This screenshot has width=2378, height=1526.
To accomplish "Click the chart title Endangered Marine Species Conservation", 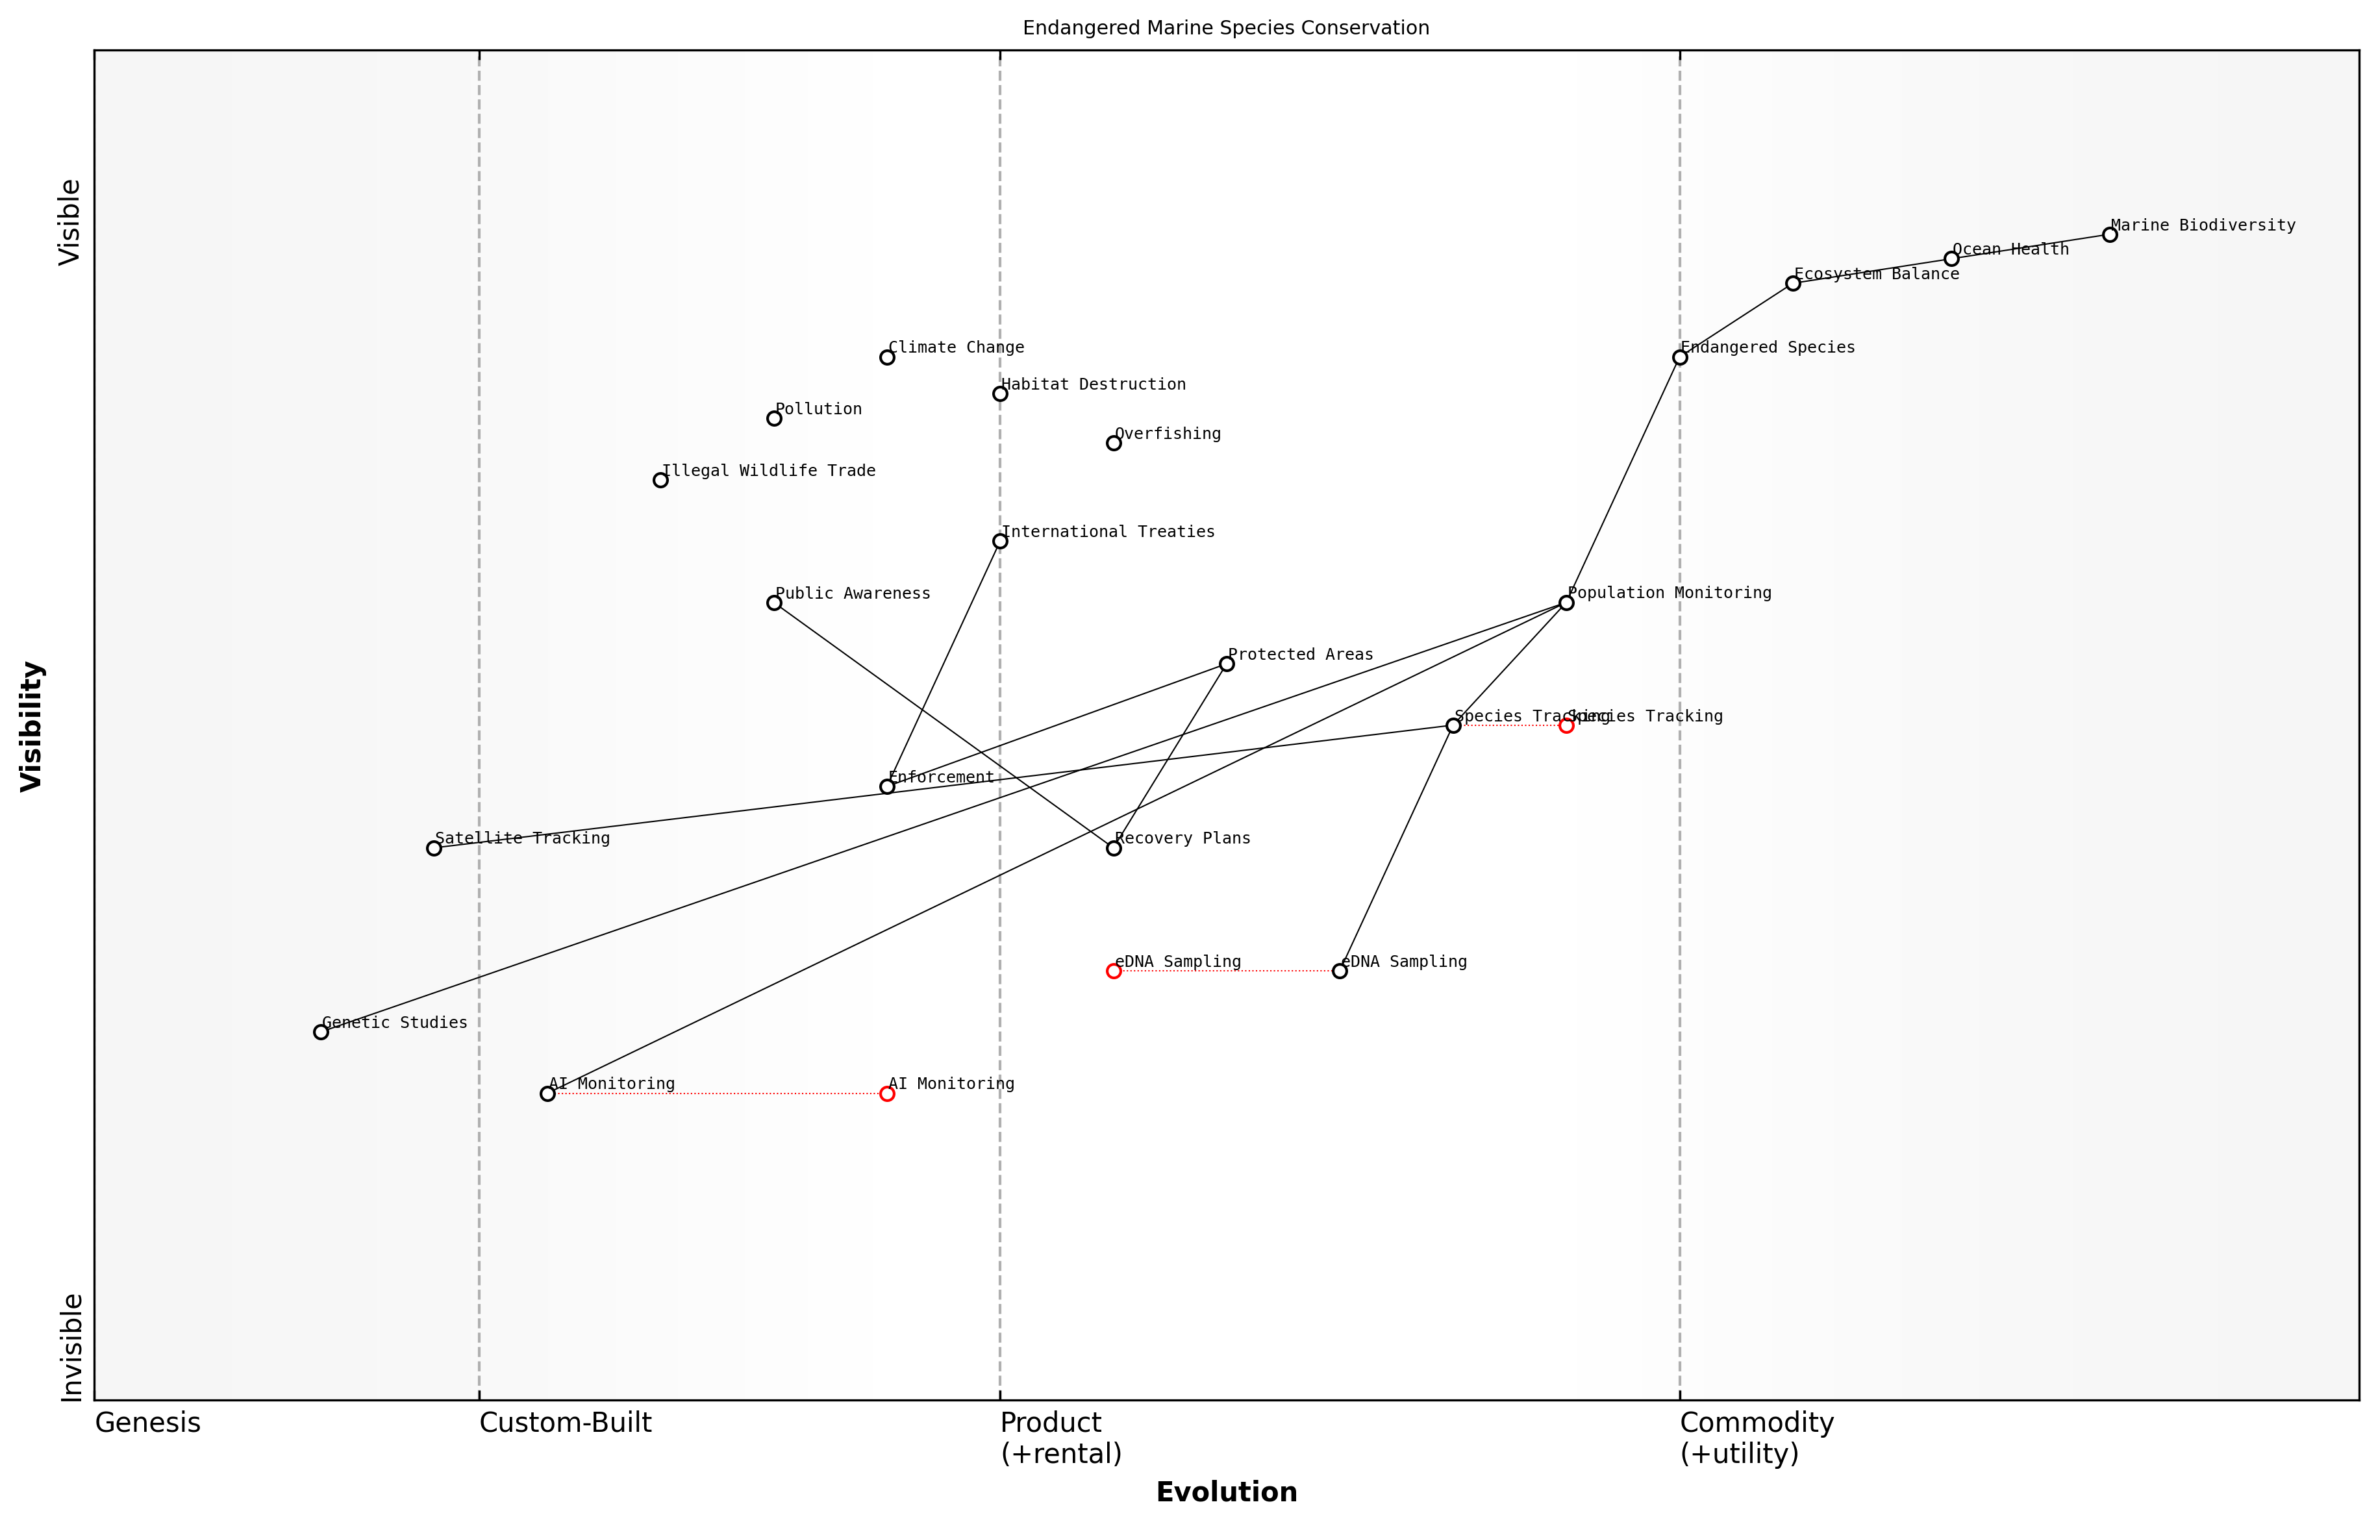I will (x=1225, y=28).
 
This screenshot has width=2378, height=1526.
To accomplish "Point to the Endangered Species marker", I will (x=1679, y=358).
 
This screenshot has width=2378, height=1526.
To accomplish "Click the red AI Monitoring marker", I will (x=887, y=1094).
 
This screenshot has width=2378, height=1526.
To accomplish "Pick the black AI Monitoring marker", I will (x=547, y=1094).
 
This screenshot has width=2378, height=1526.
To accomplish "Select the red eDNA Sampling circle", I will (x=1114, y=971).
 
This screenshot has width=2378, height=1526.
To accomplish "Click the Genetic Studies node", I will (x=321, y=1032).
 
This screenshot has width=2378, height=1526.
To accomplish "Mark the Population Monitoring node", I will (x=1566, y=603).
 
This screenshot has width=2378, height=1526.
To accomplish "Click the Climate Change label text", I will (x=955, y=348).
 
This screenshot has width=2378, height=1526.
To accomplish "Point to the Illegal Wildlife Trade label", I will (x=768, y=471).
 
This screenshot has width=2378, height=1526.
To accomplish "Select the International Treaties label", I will (x=1108, y=532).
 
